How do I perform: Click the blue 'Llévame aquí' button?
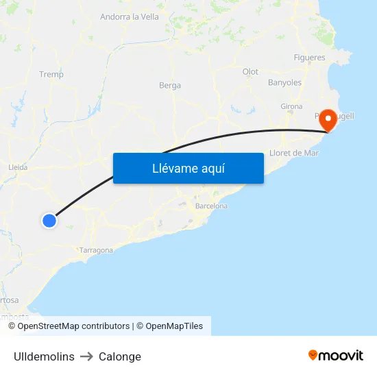click(x=188, y=168)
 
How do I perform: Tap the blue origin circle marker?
click(x=49, y=220)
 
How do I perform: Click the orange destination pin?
click(x=328, y=121)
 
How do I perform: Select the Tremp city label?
click(x=51, y=74)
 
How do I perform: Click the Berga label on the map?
click(x=170, y=85)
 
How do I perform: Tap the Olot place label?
click(x=250, y=71)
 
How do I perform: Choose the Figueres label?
click(x=309, y=58)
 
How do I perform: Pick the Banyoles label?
click(x=284, y=82)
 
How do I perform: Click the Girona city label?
click(x=291, y=106)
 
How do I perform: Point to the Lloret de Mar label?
click(x=295, y=153)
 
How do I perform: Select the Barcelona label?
click(x=211, y=206)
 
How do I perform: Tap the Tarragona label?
click(x=96, y=250)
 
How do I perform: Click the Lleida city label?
click(x=18, y=167)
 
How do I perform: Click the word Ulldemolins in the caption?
click(x=44, y=356)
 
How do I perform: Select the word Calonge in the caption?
click(x=120, y=356)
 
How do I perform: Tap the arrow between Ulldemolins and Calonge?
click(x=86, y=356)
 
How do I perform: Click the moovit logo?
click(x=336, y=355)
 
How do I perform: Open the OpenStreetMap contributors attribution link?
click(x=73, y=326)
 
